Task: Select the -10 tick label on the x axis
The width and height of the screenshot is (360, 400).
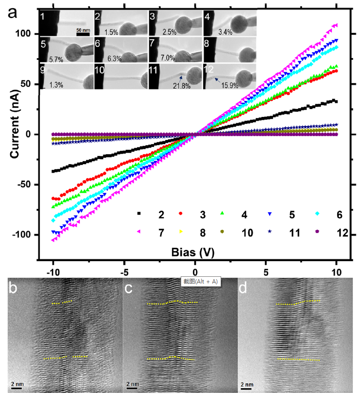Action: [x=52, y=273]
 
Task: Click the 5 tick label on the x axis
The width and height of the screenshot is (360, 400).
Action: [x=266, y=273]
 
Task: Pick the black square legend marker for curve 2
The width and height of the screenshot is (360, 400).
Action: [x=139, y=214]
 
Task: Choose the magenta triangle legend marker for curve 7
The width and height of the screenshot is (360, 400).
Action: [x=139, y=231]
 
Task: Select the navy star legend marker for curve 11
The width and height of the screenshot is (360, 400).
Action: [x=270, y=231]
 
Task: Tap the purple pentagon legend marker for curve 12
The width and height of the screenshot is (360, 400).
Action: [x=317, y=231]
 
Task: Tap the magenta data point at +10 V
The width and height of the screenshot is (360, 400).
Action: [x=336, y=25]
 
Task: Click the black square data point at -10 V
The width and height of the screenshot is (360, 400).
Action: [x=53, y=171]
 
